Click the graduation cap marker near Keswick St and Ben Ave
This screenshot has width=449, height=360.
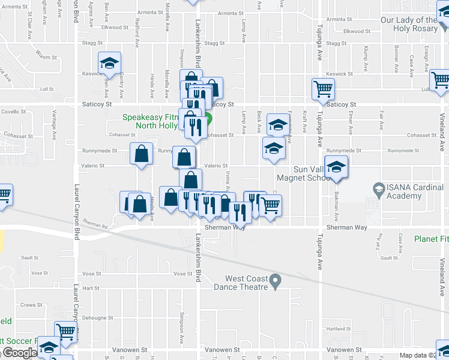[110, 62]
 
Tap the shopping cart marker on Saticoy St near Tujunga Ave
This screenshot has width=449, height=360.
[323, 89]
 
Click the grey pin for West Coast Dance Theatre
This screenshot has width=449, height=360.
[276, 280]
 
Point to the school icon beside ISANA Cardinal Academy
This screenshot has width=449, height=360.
[378, 188]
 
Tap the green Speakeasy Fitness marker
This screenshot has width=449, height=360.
[208, 119]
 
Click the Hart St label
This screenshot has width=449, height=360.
[91, 288]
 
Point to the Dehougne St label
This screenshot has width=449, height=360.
[97, 317]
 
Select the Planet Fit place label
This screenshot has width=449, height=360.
[431, 239]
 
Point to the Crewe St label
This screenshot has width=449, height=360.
[29, 305]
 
